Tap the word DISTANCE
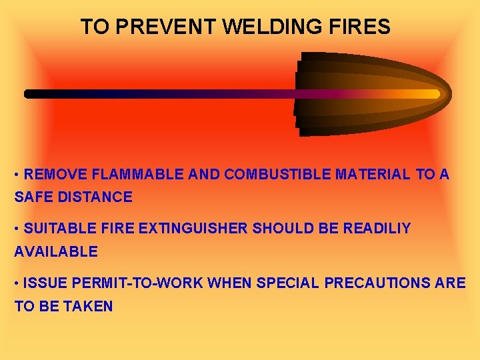coord(93,197)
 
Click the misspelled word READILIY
coord(377,229)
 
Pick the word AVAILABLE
coord(56,252)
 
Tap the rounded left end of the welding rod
coord(29,94)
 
